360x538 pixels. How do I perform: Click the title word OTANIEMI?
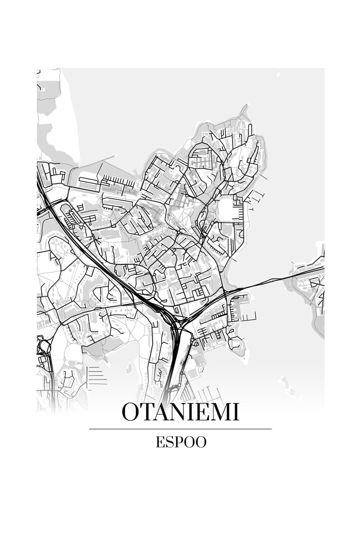180,412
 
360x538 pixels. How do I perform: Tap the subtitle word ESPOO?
181,442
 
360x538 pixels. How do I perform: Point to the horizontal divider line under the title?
180,429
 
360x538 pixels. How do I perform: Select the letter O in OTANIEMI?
130,412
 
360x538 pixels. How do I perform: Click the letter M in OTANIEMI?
219,412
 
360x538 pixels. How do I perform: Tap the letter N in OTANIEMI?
182,412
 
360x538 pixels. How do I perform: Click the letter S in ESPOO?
169,442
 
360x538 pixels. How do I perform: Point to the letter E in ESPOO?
160,442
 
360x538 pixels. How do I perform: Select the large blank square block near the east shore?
227,208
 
